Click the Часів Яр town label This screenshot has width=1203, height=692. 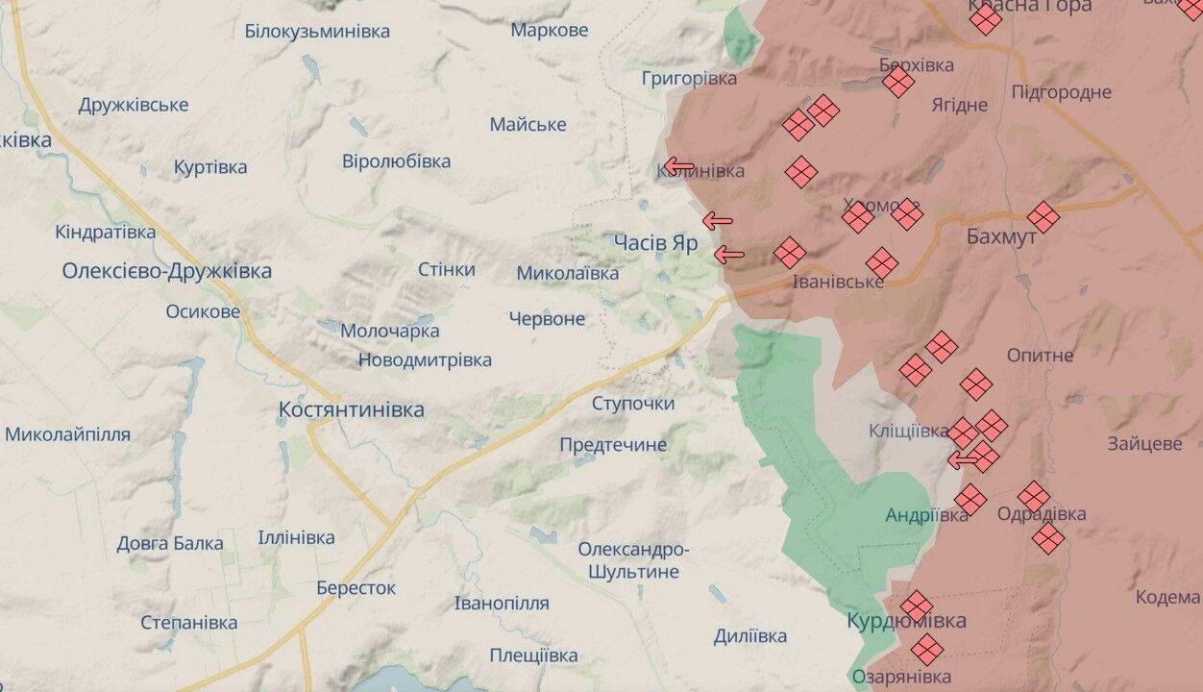pos(656,242)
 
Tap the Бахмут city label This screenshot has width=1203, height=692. pos(1001,235)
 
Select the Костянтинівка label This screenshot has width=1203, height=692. pos(351,409)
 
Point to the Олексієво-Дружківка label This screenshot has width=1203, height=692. pos(166,271)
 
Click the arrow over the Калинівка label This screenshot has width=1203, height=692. pos(679,167)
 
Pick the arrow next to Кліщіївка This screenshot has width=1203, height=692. pos(964,460)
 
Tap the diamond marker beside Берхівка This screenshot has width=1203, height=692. pos(898,82)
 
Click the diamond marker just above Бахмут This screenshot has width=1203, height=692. pos(1043,217)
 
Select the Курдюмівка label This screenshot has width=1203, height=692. pos(906,621)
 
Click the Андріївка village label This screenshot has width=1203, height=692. pos(926,515)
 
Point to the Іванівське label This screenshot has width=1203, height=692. pos(837,282)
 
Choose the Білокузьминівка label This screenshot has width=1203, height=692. pos(317,31)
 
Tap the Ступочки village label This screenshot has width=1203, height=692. pos(632,403)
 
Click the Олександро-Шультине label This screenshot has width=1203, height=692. pos(632,560)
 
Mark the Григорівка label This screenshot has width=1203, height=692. pos(689,78)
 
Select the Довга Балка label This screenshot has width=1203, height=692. pos(170,543)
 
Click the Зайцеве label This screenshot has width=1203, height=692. pos(1143,444)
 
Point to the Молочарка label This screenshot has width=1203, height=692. pos(389,331)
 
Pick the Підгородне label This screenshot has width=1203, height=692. pos(1061,92)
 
